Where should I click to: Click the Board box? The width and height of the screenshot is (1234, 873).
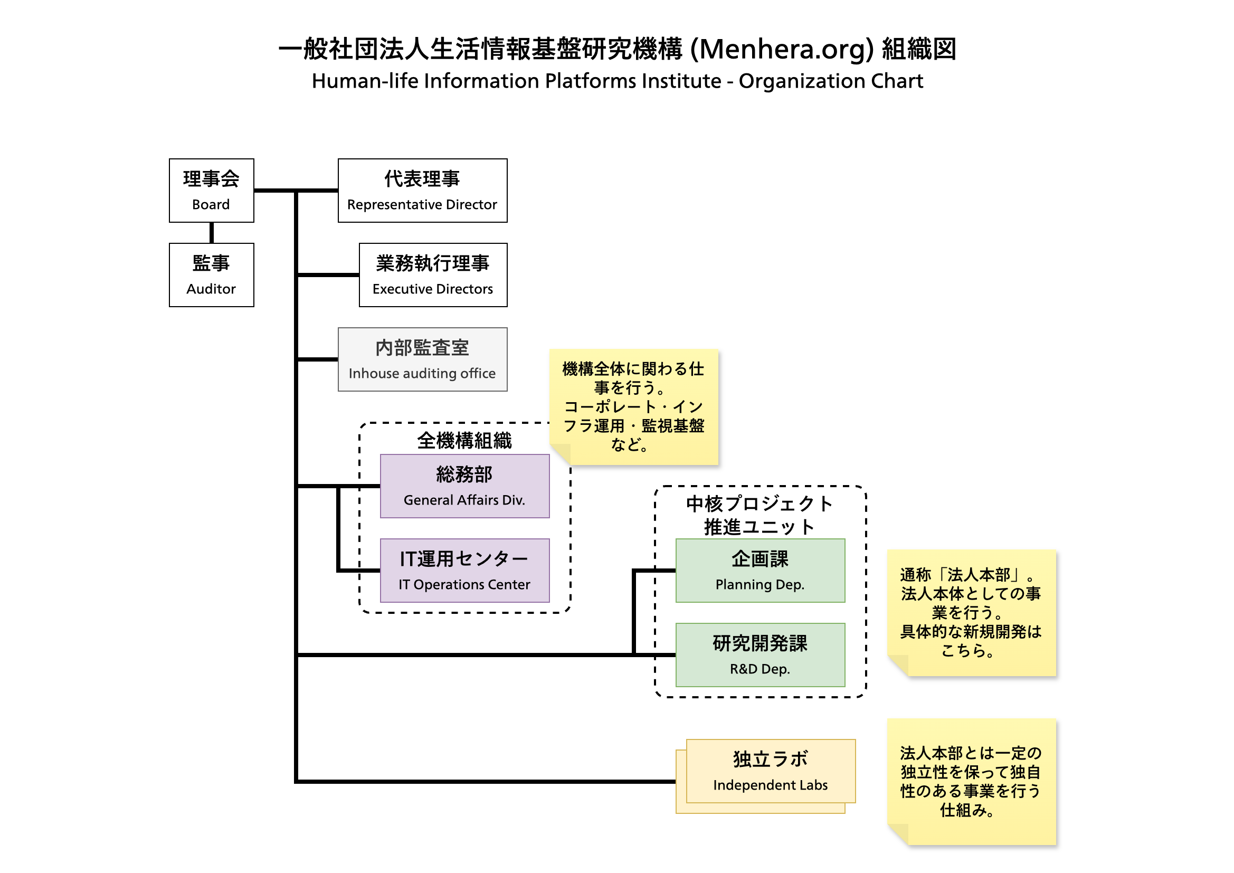tap(211, 191)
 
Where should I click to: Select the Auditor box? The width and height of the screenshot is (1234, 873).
tap(211, 274)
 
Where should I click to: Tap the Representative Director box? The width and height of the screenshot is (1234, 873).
tap(422, 191)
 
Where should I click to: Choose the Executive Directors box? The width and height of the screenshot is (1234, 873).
tap(433, 274)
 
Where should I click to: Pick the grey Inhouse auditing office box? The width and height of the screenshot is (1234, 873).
tap(422, 359)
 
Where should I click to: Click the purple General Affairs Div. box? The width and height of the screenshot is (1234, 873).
tap(464, 486)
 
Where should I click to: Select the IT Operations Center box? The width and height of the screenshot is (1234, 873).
tap(464, 571)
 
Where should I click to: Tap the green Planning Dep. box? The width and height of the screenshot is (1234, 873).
tap(760, 571)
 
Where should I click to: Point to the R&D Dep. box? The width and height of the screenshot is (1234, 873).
tap(760, 654)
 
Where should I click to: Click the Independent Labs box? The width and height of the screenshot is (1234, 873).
tap(770, 771)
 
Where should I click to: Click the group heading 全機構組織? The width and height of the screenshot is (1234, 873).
tap(464, 441)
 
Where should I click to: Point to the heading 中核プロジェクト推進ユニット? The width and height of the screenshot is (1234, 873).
tap(760, 515)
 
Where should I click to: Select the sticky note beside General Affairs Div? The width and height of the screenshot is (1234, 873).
tap(634, 406)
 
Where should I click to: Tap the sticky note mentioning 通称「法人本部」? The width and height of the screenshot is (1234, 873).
tap(971, 612)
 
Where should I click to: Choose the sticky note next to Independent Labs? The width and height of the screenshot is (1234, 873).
tap(971, 781)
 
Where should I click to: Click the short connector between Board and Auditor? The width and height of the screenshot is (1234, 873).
tap(211, 233)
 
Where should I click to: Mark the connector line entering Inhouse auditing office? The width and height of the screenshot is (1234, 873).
tap(317, 359)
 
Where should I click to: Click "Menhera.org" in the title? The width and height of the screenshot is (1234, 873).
tap(783, 49)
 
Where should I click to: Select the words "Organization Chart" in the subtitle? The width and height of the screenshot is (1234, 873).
tap(831, 81)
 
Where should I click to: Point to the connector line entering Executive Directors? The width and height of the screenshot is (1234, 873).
tap(328, 274)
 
